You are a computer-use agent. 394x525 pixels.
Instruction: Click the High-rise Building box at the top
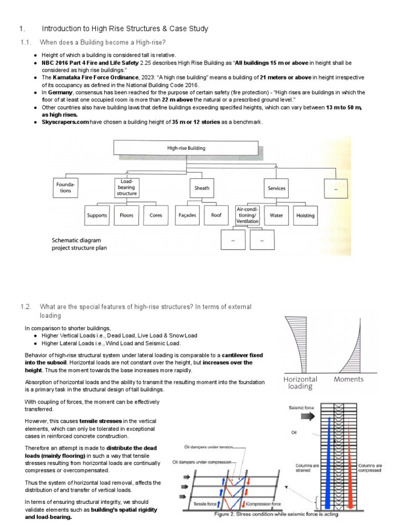point(186,148)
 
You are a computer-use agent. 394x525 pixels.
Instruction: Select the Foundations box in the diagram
point(65,188)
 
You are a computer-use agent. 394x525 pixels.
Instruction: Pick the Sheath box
point(202,188)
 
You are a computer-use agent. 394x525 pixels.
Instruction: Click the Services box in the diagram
point(277,188)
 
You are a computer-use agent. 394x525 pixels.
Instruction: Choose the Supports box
point(96,215)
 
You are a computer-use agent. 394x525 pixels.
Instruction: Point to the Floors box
point(126,215)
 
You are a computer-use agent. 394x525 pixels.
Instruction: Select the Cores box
point(156,215)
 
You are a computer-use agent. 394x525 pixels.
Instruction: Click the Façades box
point(187,215)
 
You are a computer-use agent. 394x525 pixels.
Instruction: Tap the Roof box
point(216,215)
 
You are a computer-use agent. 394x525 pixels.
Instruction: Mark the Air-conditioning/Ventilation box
point(247,216)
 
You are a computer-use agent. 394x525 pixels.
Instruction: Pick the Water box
point(276,216)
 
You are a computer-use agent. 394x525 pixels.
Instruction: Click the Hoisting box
point(306,216)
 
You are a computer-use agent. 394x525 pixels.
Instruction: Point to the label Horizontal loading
point(301,382)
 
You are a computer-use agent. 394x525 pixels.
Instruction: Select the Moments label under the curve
point(348,379)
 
